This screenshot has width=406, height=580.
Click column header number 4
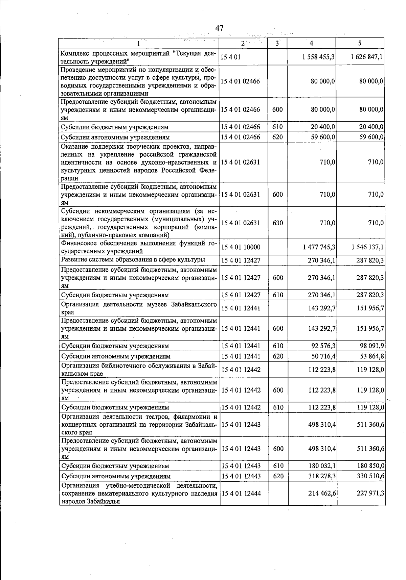tap(311, 43)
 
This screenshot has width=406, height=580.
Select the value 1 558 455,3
tap(318, 57)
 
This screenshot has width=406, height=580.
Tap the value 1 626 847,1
tap(367, 57)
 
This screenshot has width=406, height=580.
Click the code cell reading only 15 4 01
tap(231, 57)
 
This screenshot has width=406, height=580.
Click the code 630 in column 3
tap(277, 223)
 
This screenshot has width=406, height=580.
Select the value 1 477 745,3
tap(319, 247)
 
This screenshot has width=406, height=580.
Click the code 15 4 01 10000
tap(241, 247)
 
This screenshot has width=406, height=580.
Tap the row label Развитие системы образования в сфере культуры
tap(133, 260)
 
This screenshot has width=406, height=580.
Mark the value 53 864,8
tap(371, 356)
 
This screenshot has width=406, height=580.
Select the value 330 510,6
tap(370, 476)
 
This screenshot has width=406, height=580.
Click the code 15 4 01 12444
tap(241, 493)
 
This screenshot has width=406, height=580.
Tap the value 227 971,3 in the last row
tap(370, 493)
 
